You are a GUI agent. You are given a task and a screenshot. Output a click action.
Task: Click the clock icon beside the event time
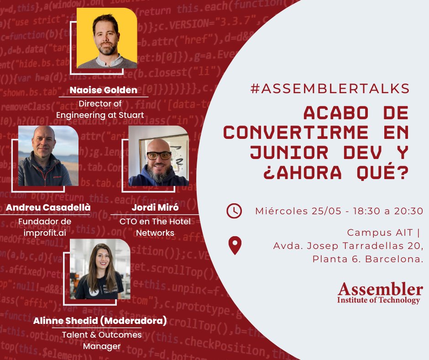click(x=234, y=211)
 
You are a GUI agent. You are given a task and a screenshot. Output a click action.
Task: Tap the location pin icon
click(x=235, y=246)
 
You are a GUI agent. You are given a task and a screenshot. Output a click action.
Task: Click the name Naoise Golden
click(x=103, y=90)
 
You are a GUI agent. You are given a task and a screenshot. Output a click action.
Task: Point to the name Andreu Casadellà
click(x=48, y=208)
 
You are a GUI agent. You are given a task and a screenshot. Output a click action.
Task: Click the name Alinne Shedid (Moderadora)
click(x=99, y=321)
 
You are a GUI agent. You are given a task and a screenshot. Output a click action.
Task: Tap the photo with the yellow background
click(x=107, y=38)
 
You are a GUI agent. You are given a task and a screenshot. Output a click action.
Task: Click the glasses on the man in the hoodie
click(x=159, y=156)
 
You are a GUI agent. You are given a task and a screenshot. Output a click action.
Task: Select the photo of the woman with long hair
click(x=100, y=270)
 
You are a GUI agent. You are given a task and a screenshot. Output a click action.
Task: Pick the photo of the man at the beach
click(x=48, y=156)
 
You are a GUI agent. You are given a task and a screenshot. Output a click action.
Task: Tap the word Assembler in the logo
click(x=380, y=289)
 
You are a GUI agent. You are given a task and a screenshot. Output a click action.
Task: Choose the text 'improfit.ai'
click(x=44, y=233)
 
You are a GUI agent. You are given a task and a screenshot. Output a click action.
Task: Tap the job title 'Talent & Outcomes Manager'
click(x=102, y=341)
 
